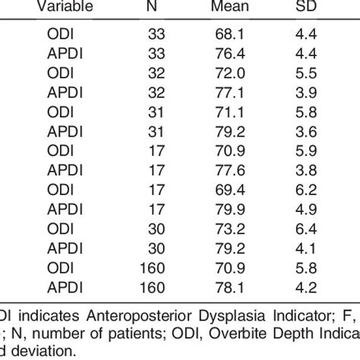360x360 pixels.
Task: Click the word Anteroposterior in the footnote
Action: pos(116,317)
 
